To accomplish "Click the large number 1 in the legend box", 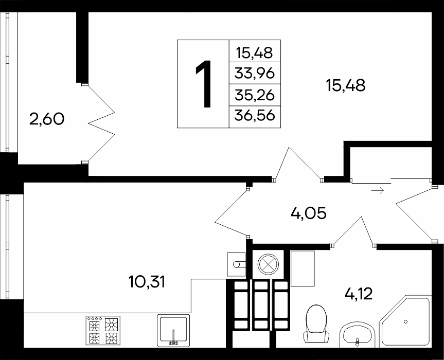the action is tap(204, 84).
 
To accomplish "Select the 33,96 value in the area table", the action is tap(255, 74).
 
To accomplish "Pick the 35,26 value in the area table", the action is tap(255, 95).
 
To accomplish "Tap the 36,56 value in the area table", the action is tap(255, 116).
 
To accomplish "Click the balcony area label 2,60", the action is tap(47, 119).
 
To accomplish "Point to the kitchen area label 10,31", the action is tap(147, 282).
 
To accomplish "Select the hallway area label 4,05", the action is tap(309, 213).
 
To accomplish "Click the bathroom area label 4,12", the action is tap(359, 294).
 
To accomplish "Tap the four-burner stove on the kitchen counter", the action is tap(103, 330).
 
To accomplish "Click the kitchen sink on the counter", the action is tap(173, 331).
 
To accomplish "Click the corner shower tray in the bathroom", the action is tap(405, 322).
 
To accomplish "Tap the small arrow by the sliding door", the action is tap(378, 191).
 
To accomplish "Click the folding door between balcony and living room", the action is tap(101, 123).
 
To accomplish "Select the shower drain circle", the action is tap(406, 321).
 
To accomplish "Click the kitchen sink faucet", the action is tap(173, 338).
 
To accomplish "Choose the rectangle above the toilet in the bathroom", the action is tap(303, 268).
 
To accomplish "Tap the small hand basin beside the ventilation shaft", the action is tap(236, 264).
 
